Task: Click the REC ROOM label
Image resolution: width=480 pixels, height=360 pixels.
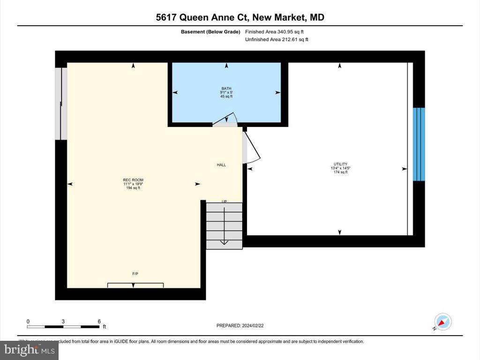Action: point(133,180)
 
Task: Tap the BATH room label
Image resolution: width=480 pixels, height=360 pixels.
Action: point(226,89)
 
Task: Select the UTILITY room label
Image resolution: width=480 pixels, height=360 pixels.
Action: point(340,164)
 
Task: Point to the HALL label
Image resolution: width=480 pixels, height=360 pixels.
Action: point(221,165)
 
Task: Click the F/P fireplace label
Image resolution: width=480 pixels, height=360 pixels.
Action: point(135,273)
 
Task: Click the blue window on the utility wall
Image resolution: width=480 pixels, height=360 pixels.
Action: point(419,144)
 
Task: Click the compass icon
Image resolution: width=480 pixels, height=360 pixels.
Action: point(442,322)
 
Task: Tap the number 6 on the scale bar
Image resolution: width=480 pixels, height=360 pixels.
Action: point(99,322)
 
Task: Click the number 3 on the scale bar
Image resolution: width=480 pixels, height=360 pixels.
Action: point(63,322)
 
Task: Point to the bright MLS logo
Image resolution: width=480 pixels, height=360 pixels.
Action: point(29,350)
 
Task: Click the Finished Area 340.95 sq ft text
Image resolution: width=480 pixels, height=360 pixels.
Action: point(277,32)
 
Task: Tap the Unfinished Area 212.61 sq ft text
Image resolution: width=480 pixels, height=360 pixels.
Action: point(277,40)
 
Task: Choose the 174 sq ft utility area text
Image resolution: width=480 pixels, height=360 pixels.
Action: point(340,172)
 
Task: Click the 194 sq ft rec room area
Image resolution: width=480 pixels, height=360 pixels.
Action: point(133,188)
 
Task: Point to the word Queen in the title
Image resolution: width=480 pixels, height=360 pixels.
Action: point(196,18)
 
